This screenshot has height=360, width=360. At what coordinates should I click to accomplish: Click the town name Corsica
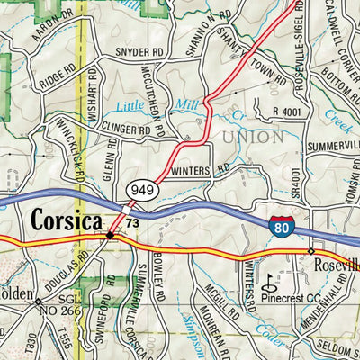coord(66,219)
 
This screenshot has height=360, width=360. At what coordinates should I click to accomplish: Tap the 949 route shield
coord(144,191)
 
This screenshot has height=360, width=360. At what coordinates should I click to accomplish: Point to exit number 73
coord(132,222)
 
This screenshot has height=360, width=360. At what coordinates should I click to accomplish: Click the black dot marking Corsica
coord(110,235)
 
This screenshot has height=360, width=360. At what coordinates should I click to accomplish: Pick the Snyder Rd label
coord(132,52)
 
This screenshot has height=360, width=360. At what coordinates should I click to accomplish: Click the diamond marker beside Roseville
coord(310,251)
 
